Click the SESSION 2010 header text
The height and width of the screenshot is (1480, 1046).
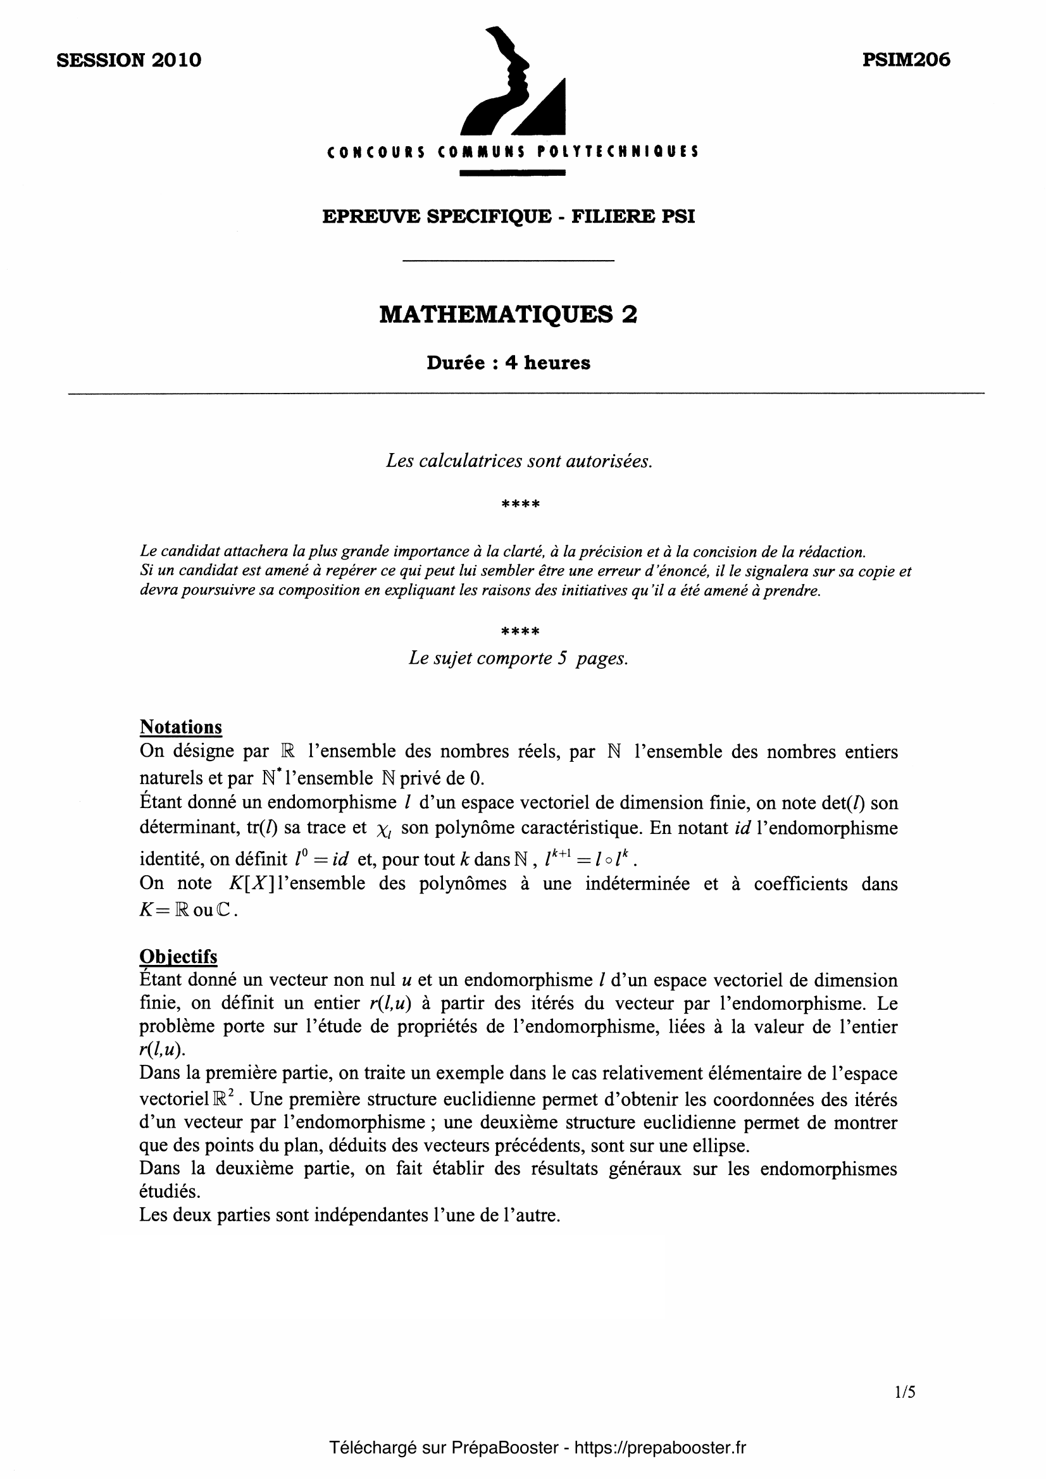[x=129, y=60]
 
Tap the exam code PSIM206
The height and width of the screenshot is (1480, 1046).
[x=906, y=60]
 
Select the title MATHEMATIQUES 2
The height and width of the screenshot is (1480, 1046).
[x=508, y=314]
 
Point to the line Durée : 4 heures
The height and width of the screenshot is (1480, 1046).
[x=508, y=363]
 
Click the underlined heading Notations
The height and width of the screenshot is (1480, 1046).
[x=180, y=727]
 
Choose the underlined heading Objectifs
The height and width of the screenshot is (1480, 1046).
[x=178, y=957]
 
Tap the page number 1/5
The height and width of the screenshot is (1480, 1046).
[x=905, y=1391]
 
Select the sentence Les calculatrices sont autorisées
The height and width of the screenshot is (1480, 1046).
[x=519, y=461]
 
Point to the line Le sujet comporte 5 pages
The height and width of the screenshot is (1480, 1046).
[x=518, y=658]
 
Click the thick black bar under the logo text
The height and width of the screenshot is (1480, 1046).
[x=513, y=173]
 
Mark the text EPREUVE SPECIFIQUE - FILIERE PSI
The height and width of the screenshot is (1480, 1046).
[x=509, y=216]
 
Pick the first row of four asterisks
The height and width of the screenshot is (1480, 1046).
[x=520, y=504]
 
